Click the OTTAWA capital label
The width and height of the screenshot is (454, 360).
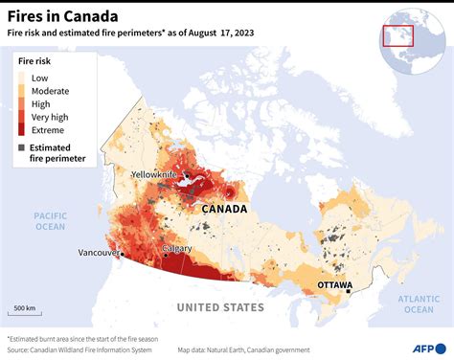click(334, 285)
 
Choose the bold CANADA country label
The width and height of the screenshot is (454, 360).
click(224, 209)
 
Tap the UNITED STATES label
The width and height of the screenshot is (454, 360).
click(219, 307)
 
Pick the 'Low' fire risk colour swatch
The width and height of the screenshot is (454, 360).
click(23, 77)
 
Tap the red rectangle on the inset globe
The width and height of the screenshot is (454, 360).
click(397, 35)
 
